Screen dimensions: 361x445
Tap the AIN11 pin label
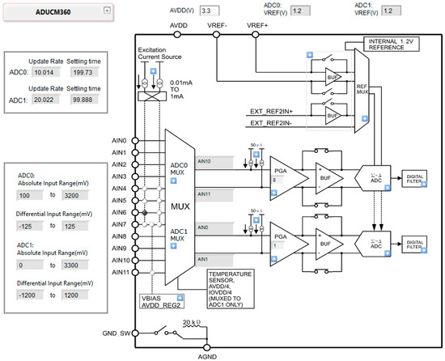(118, 272)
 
